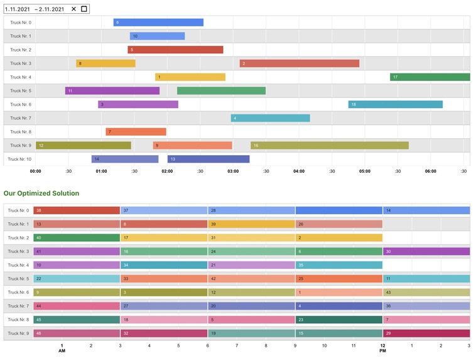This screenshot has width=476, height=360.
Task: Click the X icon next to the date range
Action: click(73, 9)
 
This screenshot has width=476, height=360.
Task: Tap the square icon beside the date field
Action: click(84, 9)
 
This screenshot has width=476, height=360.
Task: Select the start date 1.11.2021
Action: click(17, 9)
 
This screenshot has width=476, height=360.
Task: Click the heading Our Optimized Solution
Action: click(41, 194)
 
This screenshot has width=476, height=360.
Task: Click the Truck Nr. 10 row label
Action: click(19, 159)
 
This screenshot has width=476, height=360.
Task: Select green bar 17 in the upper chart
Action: click(430, 77)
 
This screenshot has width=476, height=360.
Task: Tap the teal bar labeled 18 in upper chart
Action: click(395, 104)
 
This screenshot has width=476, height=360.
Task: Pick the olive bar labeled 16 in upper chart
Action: click(329, 145)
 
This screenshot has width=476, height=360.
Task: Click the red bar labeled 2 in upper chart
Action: click(299, 63)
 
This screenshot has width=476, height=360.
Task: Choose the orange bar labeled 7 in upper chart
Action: click(136, 132)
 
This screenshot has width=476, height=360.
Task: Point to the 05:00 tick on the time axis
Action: click(365, 171)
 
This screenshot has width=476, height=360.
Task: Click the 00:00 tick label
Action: click(36, 171)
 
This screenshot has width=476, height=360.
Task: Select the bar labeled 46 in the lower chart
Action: click(76, 334)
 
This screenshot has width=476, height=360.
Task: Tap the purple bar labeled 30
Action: click(426, 251)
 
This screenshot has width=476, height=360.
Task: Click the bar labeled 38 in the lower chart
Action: click(76, 210)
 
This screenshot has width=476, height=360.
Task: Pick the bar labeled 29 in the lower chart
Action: click(426, 334)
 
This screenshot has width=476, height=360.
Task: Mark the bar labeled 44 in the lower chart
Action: click(76, 306)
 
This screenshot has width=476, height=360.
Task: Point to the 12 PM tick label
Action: click(382, 347)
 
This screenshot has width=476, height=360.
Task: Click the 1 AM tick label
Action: click(62, 347)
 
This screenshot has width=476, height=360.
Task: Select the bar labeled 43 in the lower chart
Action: click(426, 293)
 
